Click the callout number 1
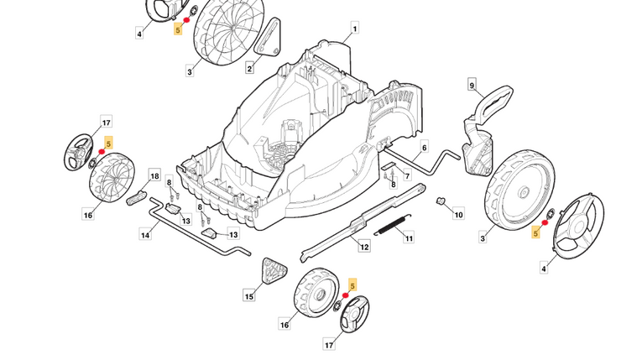tap(354, 29)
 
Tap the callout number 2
tap(249, 68)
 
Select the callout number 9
tap(472, 86)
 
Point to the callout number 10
tap(458, 215)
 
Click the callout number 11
tap(410, 239)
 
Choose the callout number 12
tap(363, 247)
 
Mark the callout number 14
tap(145, 235)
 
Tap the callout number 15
tap(249, 296)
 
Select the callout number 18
tap(154, 176)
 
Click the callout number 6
tap(424, 148)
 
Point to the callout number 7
tap(407, 177)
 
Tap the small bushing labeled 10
tap(440, 201)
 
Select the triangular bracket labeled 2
tap(268, 39)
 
